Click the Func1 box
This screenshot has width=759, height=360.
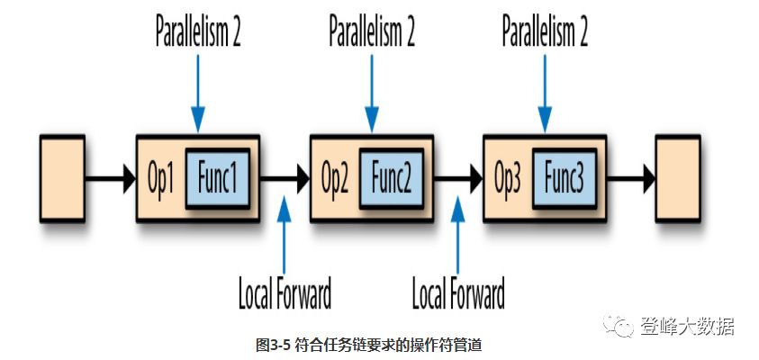(x=217, y=178)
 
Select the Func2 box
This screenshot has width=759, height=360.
(x=392, y=178)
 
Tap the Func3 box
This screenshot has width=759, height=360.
(x=565, y=178)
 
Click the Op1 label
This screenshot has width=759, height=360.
(x=161, y=178)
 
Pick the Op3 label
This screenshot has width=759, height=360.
(x=510, y=178)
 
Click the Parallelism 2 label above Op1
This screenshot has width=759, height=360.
(x=197, y=33)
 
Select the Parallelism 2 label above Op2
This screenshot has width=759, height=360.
(x=371, y=33)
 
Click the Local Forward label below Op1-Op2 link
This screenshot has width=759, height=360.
(x=285, y=292)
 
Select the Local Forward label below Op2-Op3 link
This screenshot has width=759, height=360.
(x=458, y=292)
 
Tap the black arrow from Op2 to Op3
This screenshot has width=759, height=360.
(x=458, y=178)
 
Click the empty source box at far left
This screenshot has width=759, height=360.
(x=62, y=178)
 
